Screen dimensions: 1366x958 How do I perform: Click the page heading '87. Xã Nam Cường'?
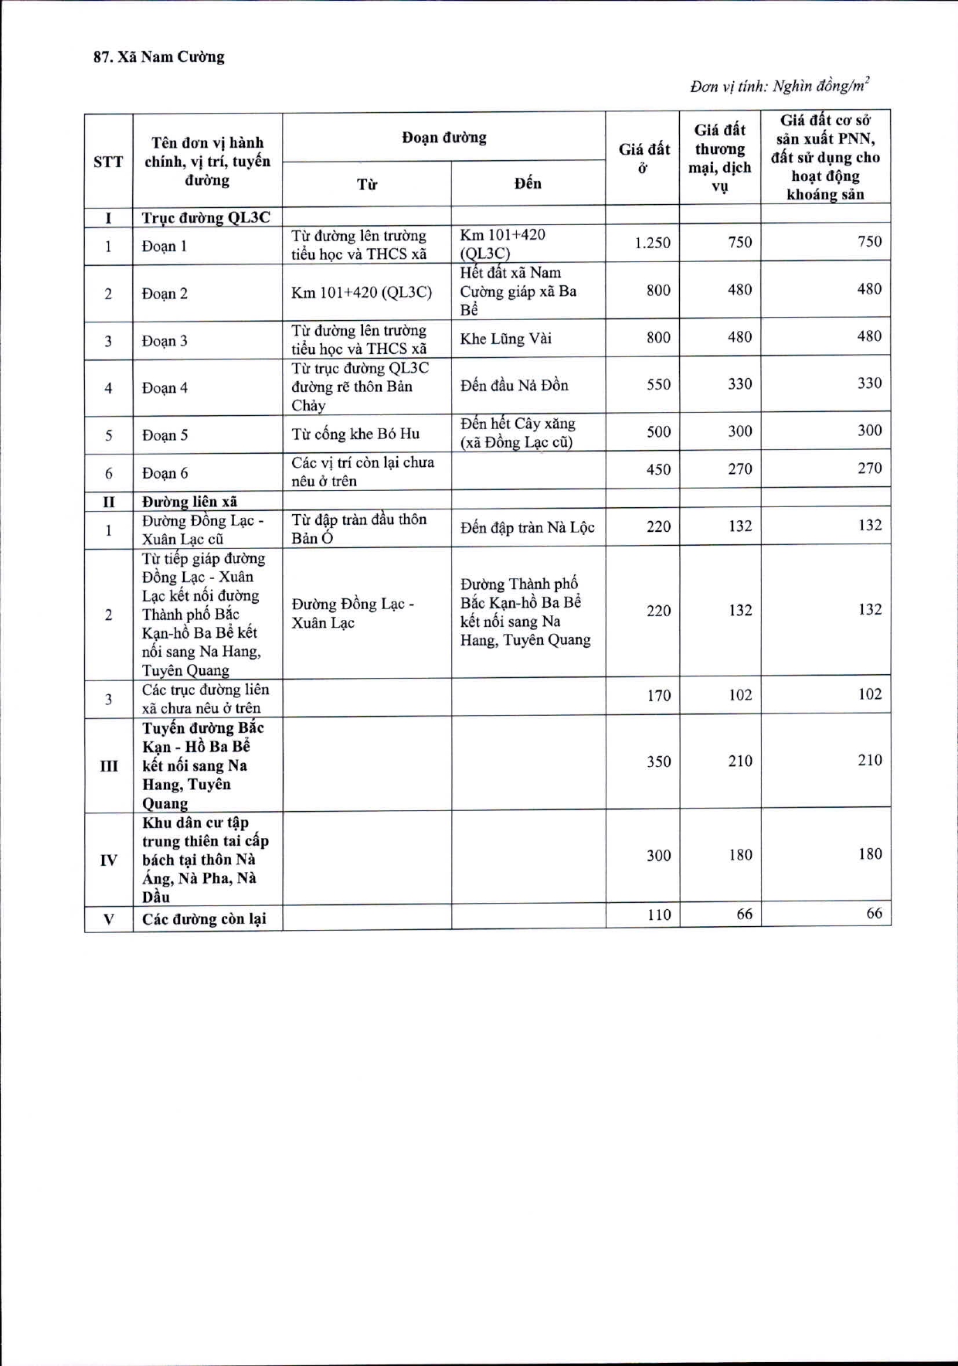click(x=158, y=57)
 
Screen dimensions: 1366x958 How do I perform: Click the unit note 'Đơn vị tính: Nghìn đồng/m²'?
click(x=780, y=86)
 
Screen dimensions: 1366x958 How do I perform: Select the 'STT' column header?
click(x=108, y=162)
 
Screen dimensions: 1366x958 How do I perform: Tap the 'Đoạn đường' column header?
click(x=443, y=138)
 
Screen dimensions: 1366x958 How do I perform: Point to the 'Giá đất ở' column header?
click(x=644, y=158)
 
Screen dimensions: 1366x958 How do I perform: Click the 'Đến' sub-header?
click(x=528, y=183)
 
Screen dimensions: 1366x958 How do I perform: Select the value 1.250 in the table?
click(x=652, y=243)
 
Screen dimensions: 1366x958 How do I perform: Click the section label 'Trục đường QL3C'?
click(x=206, y=217)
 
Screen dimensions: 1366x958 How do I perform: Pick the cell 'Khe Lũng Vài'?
click(x=505, y=339)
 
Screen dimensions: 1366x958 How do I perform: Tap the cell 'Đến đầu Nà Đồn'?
click(x=514, y=385)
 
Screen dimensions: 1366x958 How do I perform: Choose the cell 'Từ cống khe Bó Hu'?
click(x=355, y=434)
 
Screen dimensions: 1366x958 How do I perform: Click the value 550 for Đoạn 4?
click(x=658, y=384)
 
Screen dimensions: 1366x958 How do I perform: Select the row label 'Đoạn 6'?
click(x=165, y=473)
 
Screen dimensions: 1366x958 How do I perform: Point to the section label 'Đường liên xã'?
click(x=189, y=502)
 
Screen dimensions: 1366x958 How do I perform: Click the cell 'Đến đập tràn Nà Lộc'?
click(x=527, y=527)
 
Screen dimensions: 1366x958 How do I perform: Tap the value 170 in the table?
click(x=658, y=695)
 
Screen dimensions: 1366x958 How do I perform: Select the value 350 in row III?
click(x=658, y=761)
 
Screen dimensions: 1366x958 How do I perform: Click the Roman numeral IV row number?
click(x=108, y=860)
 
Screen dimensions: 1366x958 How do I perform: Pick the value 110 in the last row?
click(x=658, y=915)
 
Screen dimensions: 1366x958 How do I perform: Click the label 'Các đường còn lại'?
click(x=204, y=919)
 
